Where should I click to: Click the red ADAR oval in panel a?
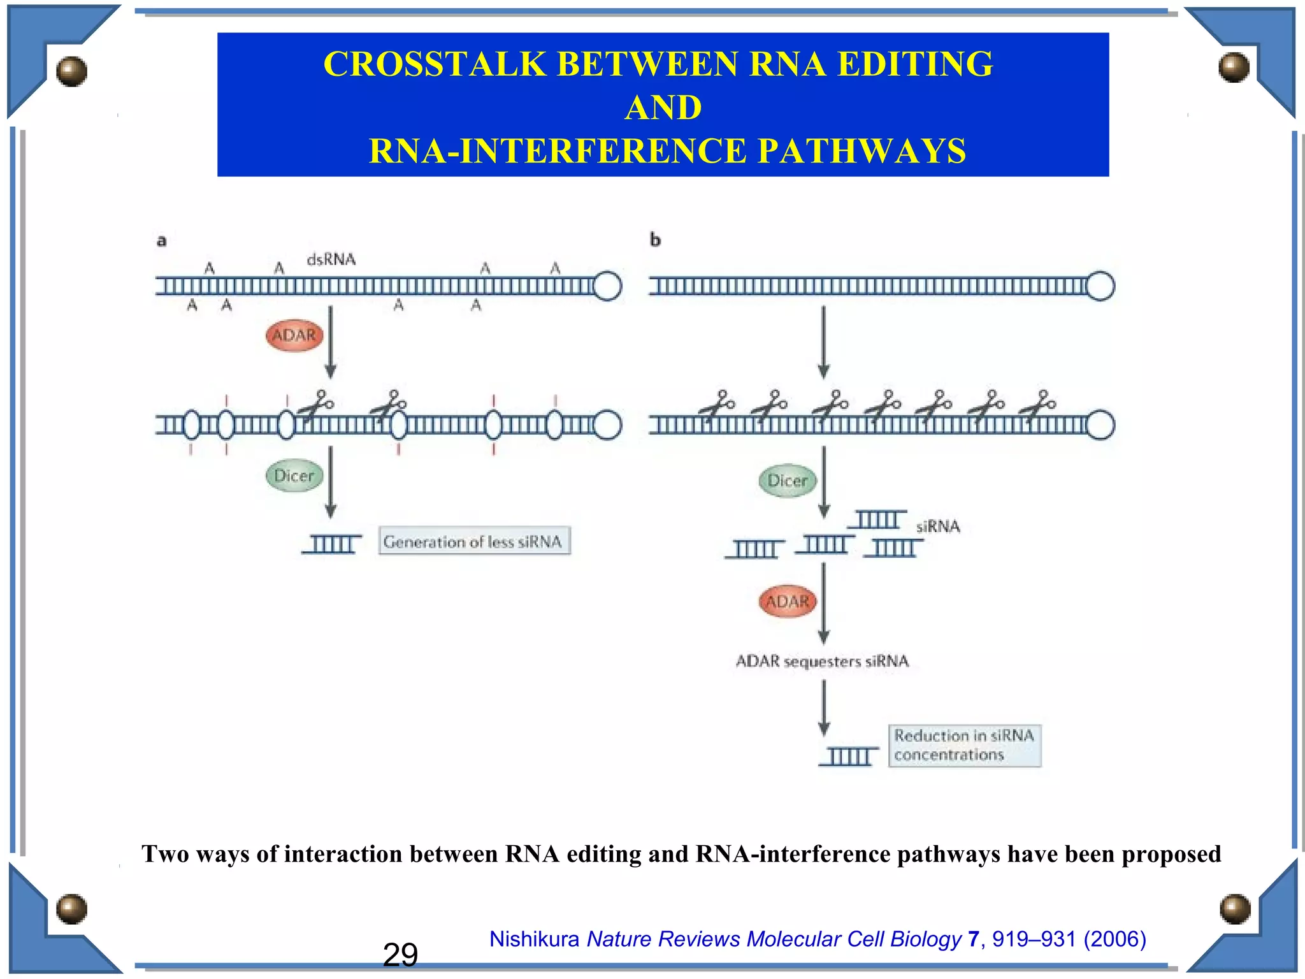(x=294, y=335)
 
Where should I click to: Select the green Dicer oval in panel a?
(x=294, y=475)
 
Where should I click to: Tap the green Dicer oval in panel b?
(x=788, y=481)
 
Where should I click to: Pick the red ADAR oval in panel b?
(x=788, y=602)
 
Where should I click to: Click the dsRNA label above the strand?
(x=331, y=259)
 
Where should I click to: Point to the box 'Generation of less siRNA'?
(x=474, y=541)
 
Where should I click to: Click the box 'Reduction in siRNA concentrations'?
(x=964, y=745)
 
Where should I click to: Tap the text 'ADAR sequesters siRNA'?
(x=822, y=661)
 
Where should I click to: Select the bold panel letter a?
(x=162, y=241)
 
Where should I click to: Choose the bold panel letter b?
(x=655, y=240)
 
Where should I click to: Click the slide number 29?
(x=400, y=955)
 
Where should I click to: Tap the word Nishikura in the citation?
(x=534, y=939)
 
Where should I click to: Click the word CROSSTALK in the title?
(x=435, y=64)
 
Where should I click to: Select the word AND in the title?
(x=663, y=107)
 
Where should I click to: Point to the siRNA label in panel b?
(x=938, y=526)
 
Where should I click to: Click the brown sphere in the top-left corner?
(x=71, y=70)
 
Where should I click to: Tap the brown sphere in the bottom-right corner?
(x=1235, y=909)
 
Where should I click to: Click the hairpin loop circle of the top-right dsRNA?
(x=1100, y=286)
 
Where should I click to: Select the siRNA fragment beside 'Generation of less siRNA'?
(x=332, y=544)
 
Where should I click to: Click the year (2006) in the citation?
(x=1114, y=939)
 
